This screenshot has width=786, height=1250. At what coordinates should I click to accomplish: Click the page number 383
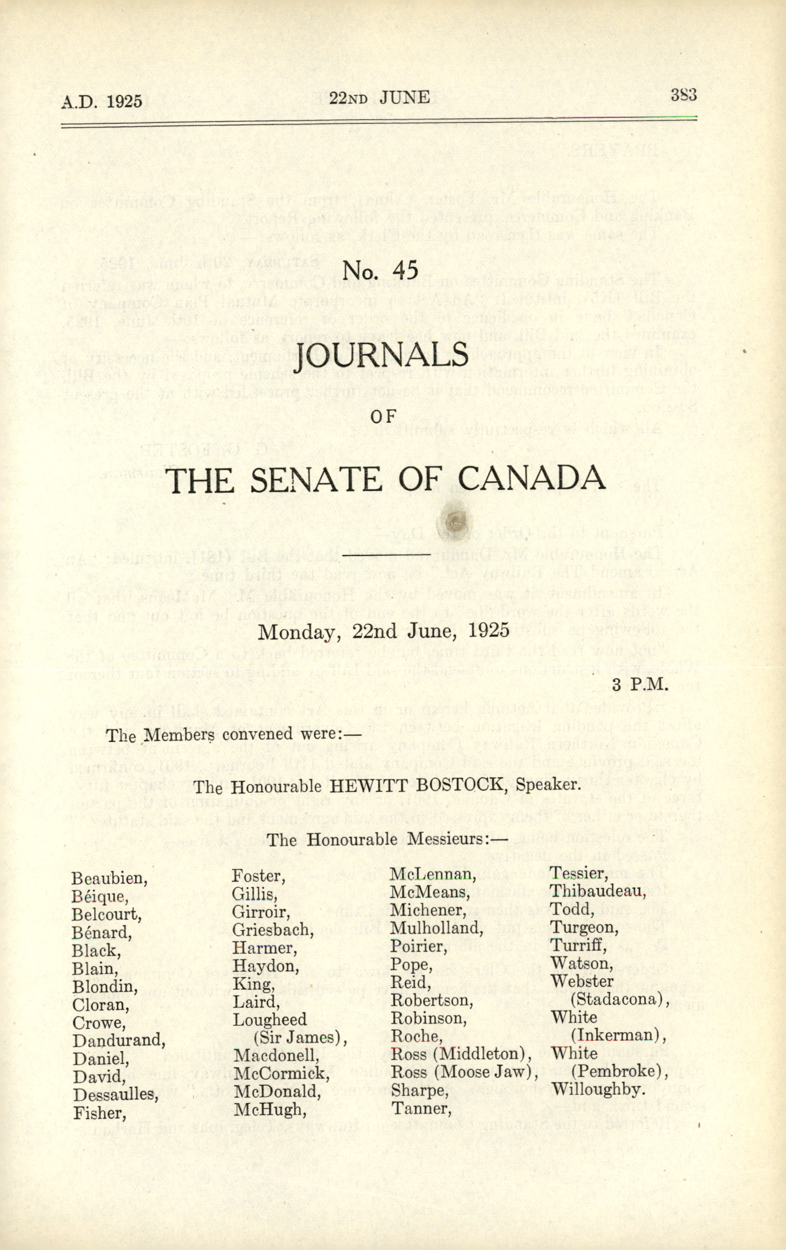pyautogui.click(x=683, y=95)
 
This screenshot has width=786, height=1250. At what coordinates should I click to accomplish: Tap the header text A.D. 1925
pyautogui.click(x=102, y=100)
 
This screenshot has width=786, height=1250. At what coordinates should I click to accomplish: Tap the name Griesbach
pyautogui.click(x=273, y=929)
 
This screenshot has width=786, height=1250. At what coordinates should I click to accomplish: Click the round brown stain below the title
pyautogui.click(x=455, y=518)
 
